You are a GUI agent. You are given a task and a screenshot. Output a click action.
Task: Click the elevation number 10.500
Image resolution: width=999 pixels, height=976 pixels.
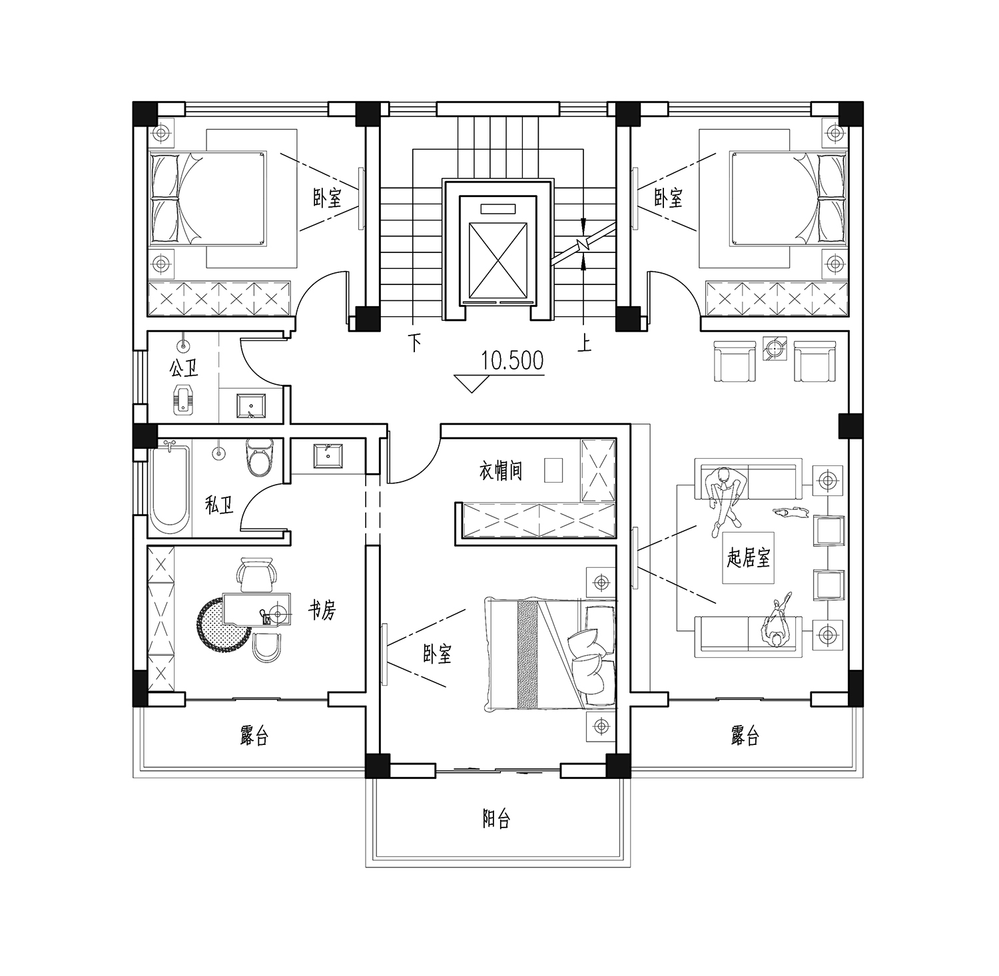pyautogui.click(x=512, y=361)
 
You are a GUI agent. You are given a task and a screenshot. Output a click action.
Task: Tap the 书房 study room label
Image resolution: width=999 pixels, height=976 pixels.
pyautogui.click(x=322, y=609)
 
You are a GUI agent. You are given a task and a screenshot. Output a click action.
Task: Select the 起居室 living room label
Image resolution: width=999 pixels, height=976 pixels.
pyautogui.click(x=748, y=557)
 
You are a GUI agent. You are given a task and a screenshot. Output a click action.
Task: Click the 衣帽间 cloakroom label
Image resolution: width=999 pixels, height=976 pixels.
pyautogui.click(x=501, y=471)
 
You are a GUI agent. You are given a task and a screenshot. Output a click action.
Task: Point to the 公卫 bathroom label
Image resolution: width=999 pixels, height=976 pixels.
pyautogui.click(x=184, y=367)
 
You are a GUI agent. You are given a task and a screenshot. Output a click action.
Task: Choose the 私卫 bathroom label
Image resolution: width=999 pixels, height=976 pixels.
pyautogui.click(x=220, y=506)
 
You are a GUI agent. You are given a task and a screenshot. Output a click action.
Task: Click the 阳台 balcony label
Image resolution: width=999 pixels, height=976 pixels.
pyautogui.click(x=496, y=819)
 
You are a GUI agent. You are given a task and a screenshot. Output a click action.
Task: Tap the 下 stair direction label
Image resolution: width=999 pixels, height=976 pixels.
pyautogui.click(x=416, y=344)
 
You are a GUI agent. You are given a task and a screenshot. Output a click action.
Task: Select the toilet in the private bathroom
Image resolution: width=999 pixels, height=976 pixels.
pyautogui.click(x=260, y=456)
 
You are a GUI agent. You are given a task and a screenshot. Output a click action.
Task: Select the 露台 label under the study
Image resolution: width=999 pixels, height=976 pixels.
pyautogui.click(x=254, y=736)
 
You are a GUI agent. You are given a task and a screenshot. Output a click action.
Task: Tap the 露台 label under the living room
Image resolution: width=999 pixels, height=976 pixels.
pyautogui.click(x=745, y=736)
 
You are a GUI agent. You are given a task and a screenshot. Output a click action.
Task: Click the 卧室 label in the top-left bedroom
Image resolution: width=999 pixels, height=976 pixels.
pyautogui.click(x=327, y=197)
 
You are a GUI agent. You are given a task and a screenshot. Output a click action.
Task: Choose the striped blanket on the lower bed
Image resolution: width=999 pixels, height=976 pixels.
pyautogui.click(x=527, y=655)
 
